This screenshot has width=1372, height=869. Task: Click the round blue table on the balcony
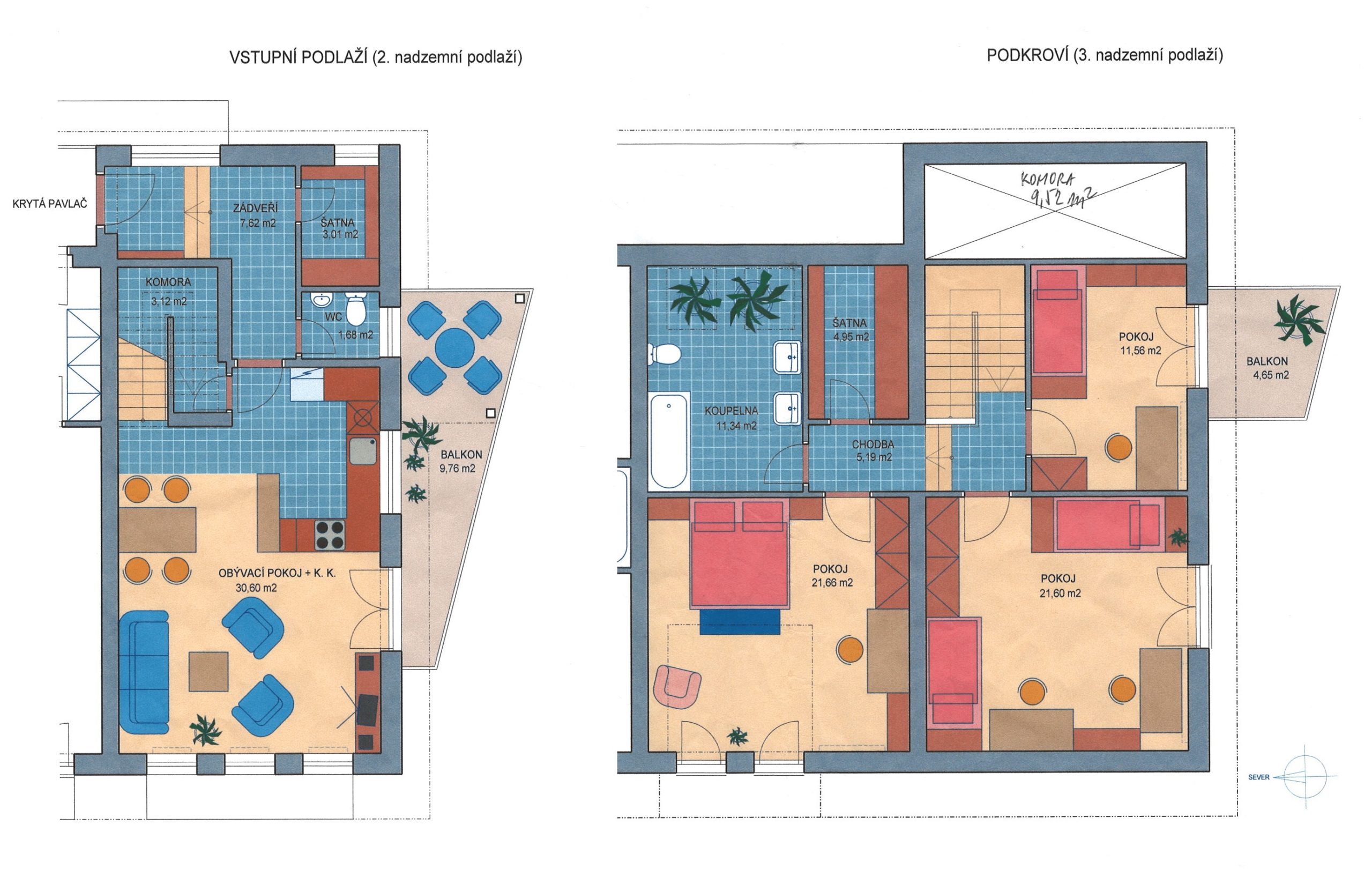454,346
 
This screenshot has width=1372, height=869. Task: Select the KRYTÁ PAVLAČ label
50,203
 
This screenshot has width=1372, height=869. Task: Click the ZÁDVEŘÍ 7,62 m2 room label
258,216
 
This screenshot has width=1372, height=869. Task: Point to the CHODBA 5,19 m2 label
873,451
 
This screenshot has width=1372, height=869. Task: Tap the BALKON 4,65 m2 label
1267,368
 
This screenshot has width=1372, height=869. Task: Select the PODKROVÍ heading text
1027,55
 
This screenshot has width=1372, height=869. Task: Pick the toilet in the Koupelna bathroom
664,354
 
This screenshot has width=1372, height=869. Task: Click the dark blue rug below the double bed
740,622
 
